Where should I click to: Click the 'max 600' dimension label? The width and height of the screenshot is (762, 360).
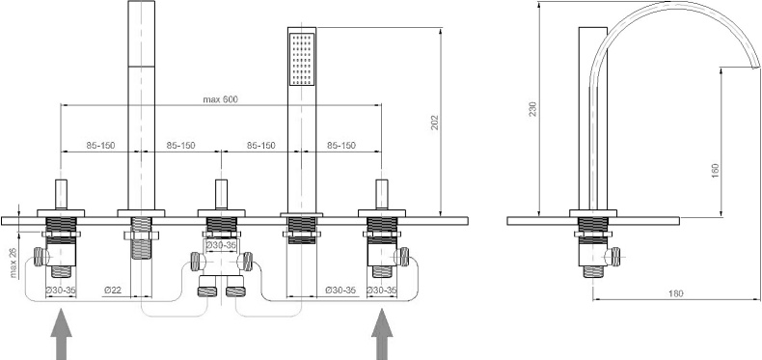tap(220, 99)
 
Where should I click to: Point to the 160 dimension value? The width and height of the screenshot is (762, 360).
tap(715, 168)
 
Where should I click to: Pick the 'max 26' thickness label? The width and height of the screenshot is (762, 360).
tap(14, 261)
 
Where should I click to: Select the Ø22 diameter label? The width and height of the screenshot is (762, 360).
tap(113, 290)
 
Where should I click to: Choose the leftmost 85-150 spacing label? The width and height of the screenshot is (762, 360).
tap(100, 146)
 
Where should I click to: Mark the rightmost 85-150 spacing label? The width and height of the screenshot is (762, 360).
tap(340, 146)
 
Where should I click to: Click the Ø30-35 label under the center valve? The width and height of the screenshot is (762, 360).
tap(223, 245)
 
